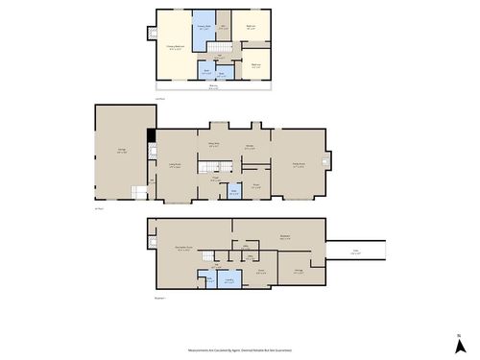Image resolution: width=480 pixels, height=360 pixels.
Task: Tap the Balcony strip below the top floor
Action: pos(212,88)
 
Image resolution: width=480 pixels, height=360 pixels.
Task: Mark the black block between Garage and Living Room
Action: pos(150,138)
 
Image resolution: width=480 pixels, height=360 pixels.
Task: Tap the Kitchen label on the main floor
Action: pos(250,149)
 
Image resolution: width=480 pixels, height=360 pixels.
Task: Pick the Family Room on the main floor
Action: pos(300,163)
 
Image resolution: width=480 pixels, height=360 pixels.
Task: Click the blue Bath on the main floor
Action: pos(233,192)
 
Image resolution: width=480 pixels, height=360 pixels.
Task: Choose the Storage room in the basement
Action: pos(299,271)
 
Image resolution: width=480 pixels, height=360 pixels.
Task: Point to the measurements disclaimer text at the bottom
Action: pos(240,350)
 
